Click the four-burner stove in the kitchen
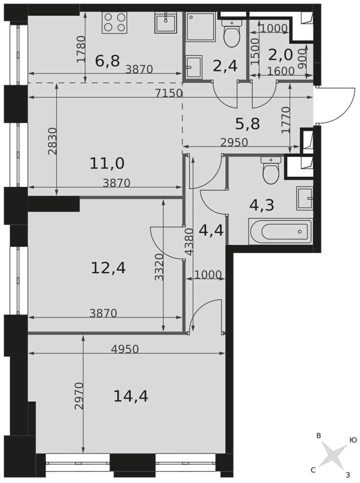(115, 22)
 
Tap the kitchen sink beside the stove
(166, 22)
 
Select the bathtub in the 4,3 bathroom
(280, 231)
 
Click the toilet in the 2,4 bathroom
(231, 33)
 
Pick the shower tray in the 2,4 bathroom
(201, 27)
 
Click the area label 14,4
(130, 396)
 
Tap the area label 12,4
(108, 268)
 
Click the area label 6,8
(107, 61)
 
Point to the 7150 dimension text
(169, 93)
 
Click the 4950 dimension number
(125, 349)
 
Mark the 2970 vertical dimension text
(79, 396)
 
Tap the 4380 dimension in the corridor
(189, 242)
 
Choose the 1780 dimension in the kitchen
(81, 49)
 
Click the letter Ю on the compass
(353, 440)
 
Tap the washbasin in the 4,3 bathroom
(305, 199)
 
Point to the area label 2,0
(280, 55)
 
